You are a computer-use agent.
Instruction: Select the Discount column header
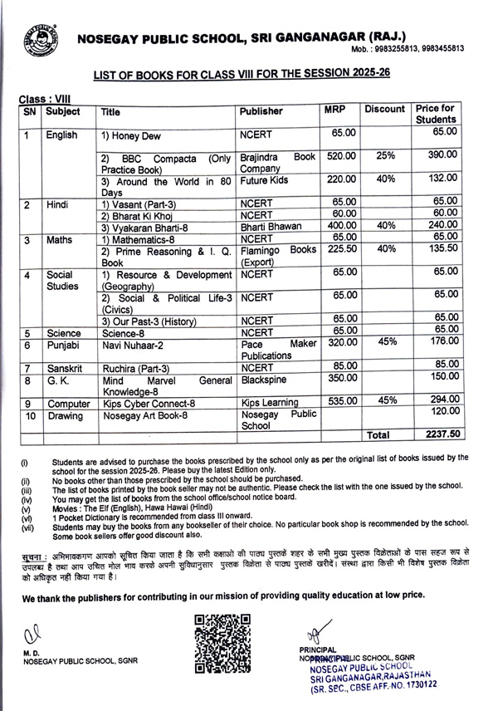pos(384,110)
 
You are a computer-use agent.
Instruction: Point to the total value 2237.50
pos(443,434)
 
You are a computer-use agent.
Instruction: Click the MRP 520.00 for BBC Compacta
pos(341,155)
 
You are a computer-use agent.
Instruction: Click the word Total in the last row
pos(378,434)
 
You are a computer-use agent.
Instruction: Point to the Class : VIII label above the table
pos(44,98)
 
